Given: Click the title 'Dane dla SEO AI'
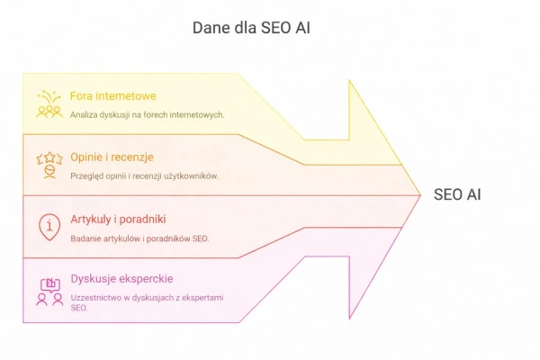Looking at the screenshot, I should (x=251, y=28).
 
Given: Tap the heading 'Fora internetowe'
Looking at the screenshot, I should (x=112, y=95).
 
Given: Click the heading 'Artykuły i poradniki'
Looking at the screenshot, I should (x=118, y=219).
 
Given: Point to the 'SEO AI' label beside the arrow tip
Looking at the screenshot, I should (x=457, y=194).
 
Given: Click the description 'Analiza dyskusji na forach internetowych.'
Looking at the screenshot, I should (x=147, y=114).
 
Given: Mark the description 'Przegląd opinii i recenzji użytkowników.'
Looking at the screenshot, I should (x=144, y=175).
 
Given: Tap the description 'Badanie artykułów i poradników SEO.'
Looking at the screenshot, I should (x=139, y=238).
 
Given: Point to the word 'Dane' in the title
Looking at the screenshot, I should (x=210, y=28).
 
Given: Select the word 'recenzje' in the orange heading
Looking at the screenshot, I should (x=138, y=157).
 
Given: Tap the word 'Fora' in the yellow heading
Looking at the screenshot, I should (x=81, y=95).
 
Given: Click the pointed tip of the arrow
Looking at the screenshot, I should (x=419, y=194).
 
